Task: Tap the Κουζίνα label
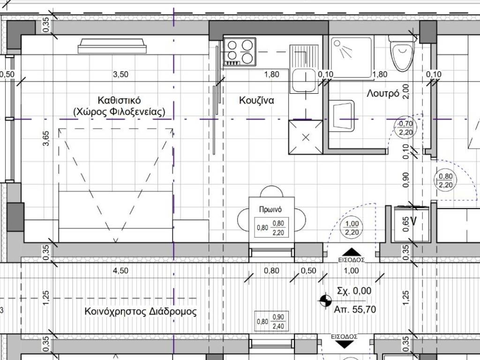(x=256, y=100)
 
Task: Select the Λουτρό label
(x=383, y=93)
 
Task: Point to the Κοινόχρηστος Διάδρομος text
(x=141, y=312)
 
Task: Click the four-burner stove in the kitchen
(x=240, y=52)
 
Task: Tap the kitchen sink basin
(x=304, y=80)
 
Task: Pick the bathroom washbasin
(x=342, y=116)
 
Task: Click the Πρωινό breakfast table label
(x=270, y=210)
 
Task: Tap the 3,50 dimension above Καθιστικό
(x=120, y=75)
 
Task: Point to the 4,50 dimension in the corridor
(x=120, y=270)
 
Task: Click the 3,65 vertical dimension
(x=45, y=138)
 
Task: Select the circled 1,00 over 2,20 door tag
(x=352, y=228)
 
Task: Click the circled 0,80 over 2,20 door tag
(x=445, y=180)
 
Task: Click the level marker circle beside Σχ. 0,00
(x=325, y=300)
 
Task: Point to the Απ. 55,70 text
(x=355, y=309)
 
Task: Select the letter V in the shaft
(x=413, y=221)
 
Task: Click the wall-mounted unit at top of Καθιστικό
(x=112, y=46)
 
